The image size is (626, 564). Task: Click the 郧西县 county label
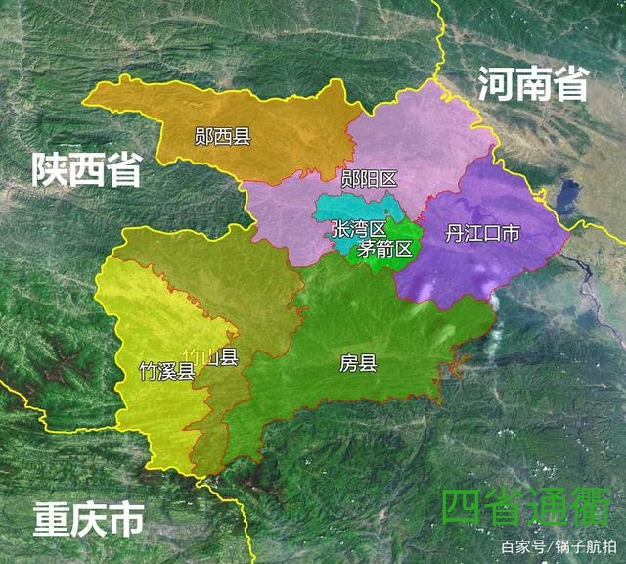click(223, 137)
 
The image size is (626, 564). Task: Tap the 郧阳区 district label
click(368, 178)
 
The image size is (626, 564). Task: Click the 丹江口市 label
click(482, 234)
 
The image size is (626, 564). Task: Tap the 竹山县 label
click(217, 357)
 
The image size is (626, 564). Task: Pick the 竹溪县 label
click(167, 371)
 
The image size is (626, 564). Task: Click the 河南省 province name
click(533, 84)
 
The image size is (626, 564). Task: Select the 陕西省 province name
click(85, 169)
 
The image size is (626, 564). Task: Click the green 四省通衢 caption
click(526, 507)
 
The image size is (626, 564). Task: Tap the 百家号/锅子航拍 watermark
click(559, 545)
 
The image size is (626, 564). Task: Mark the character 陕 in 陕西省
click(48, 169)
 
